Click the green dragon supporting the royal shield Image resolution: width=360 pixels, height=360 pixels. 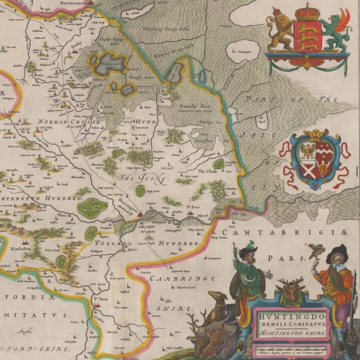335,32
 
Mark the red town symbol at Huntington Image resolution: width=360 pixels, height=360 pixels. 140,213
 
